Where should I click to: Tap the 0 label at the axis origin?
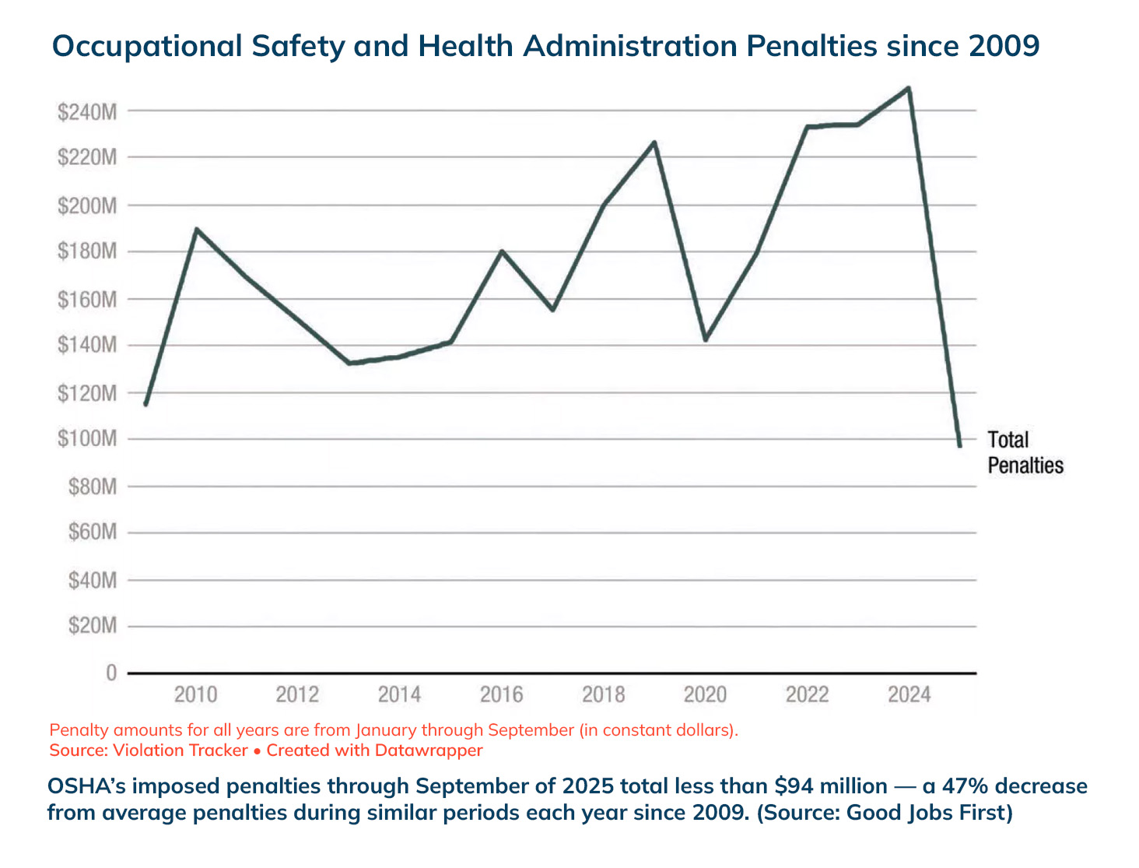coord(112,673)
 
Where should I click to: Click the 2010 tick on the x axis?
coord(195,694)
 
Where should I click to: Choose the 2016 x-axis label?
coord(502,694)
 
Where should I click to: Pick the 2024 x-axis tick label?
coord(909,694)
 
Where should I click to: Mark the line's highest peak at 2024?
coord(909,88)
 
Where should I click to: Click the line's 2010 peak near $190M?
coord(196,230)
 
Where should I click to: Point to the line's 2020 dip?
coord(705,340)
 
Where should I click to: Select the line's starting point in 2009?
coord(145,404)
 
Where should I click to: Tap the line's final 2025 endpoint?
coord(960,445)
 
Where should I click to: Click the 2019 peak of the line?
coord(655,142)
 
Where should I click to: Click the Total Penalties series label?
coord(1025,452)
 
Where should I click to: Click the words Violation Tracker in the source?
coord(180,750)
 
